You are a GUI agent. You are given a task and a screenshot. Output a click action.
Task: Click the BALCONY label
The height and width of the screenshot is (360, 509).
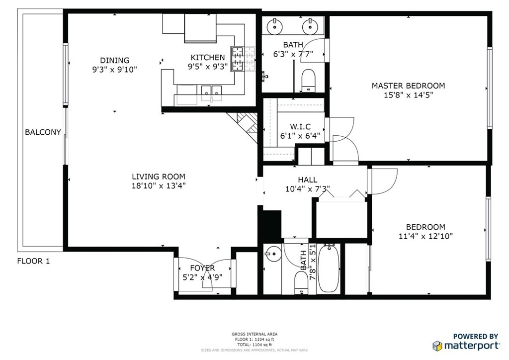[x=43, y=132]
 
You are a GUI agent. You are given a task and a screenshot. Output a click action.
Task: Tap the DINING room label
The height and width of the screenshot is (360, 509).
[x=115, y=60]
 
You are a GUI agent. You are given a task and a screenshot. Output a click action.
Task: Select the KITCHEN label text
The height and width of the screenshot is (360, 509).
[x=208, y=58]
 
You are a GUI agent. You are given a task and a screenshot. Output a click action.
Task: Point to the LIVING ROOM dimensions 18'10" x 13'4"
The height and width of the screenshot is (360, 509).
[x=159, y=186]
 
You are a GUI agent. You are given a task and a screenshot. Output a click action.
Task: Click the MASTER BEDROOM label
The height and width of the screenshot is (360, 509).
[x=409, y=86]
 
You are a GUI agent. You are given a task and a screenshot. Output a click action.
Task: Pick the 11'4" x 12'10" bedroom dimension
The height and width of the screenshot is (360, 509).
[x=425, y=236]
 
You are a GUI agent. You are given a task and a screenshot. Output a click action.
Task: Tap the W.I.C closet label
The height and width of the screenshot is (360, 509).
[x=300, y=127]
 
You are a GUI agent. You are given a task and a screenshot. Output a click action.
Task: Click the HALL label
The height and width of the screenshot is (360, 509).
[x=308, y=180]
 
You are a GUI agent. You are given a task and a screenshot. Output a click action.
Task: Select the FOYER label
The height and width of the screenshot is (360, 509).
[x=203, y=268]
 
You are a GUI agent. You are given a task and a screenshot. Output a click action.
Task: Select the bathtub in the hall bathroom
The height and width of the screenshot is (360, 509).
[x=329, y=269]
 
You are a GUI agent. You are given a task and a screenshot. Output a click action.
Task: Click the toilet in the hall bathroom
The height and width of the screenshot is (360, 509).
[x=301, y=282]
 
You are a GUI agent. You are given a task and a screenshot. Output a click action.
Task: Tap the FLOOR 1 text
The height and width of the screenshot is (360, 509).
[x=33, y=261]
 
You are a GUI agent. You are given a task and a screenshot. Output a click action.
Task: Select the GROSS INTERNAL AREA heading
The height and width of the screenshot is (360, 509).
[x=254, y=334]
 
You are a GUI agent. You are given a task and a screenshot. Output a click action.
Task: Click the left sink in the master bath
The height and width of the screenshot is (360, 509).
[x=275, y=26]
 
